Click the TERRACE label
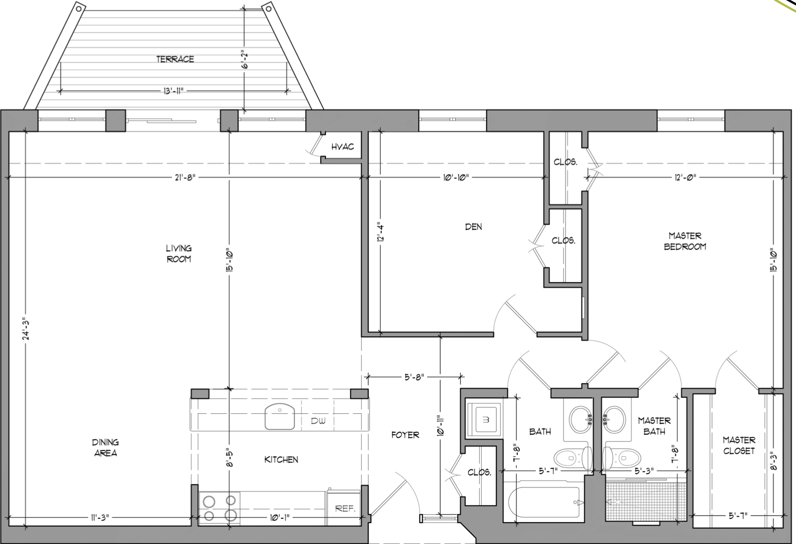point(175,59)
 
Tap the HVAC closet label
point(343,147)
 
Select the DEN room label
point(473,227)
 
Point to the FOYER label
point(405,435)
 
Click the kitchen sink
point(280,416)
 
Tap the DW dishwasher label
point(318,421)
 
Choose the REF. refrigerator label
point(345,509)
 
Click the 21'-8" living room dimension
point(185,177)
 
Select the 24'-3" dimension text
point(25,329)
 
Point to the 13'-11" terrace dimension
point(173,91)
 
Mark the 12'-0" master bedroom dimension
point(685,177)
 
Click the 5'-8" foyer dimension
point(414,377)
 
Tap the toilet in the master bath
point(622,457)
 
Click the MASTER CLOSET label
point(739,445)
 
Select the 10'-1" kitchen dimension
point(280,518)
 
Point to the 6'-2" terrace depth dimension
point(244,61)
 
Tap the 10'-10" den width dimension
point(456,177)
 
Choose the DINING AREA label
point(105,448)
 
